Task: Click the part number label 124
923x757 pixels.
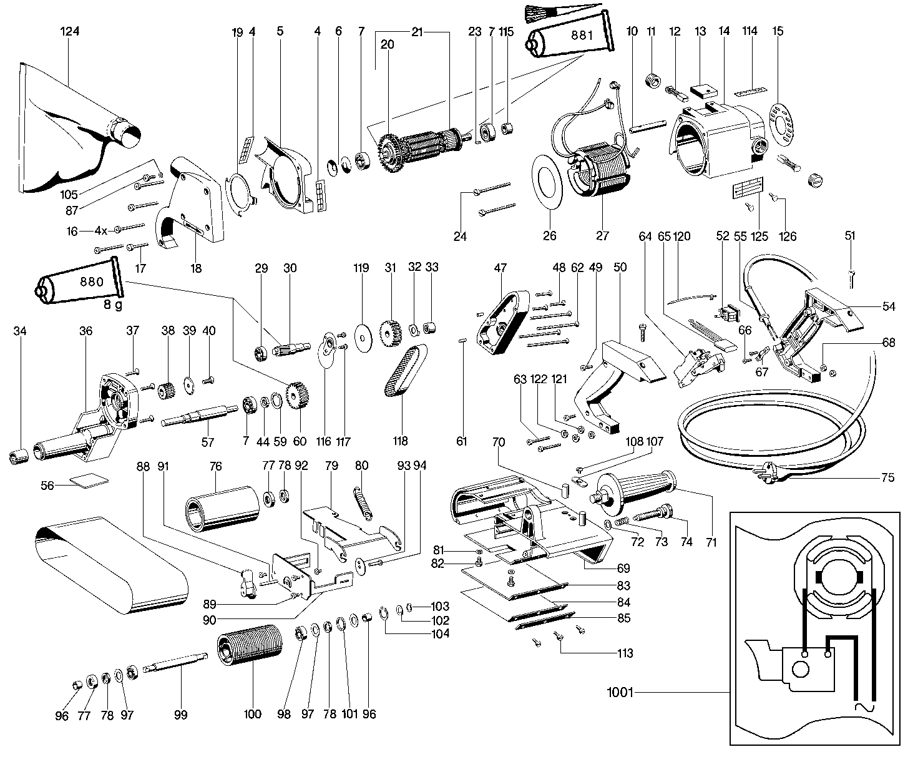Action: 71,32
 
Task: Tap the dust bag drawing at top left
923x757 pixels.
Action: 69,134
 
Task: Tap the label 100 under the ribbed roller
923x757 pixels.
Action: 252,714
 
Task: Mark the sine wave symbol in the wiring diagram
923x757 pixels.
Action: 862,707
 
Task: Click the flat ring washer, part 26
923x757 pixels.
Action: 549,181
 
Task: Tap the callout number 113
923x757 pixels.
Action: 625,653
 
